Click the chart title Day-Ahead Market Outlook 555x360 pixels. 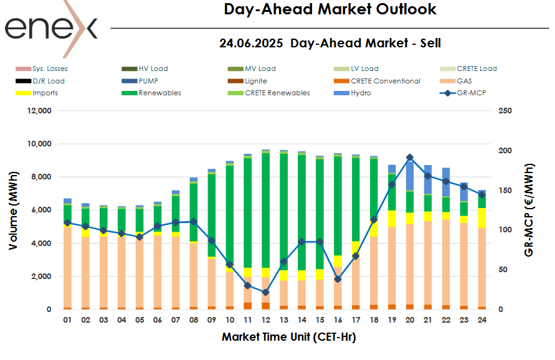[x=330, y=9]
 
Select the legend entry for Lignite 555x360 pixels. [x=255, y=81]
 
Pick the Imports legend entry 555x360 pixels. [x=45, y=93]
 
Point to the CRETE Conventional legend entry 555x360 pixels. [x=385, y=81]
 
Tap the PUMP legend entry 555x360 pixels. [x=149, y=81]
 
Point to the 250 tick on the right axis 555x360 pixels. [x=506, y=111]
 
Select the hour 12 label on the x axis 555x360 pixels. [x=266, y=320]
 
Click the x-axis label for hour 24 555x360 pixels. [x=481, y=320]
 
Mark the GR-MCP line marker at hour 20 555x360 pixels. [x=409, y=158]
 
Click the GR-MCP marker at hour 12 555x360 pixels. [x=266, y=292]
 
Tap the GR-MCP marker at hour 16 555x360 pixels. [x=338, y=279]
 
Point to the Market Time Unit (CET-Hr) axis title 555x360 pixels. [x=288, y=337]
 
